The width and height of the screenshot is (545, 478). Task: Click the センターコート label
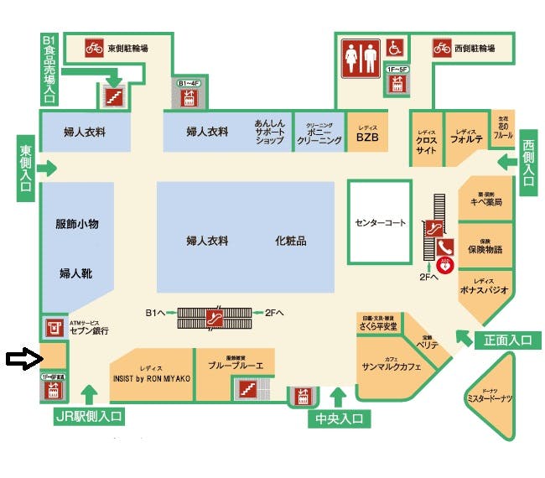pyautogui.click(x=380, y=223)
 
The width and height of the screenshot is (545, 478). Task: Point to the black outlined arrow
pyautogui.click(x=22, y=360)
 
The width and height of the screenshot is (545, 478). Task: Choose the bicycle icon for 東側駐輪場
pyautogui.click(x=94, y=48)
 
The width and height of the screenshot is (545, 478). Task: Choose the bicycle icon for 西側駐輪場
pyautogui.click(x=441, y=48)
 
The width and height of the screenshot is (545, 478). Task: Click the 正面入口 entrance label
pyautogui.click(x=507, y=340)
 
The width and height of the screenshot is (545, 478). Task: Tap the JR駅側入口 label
pyautogui.click(x=90, y=415)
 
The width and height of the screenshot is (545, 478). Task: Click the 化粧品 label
pyautogui.click(x=290, y=241)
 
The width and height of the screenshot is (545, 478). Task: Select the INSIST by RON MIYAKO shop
pyautogui.click(x=151, y=376)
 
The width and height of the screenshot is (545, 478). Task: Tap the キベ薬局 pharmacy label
pyautogui.click(x=485, y=202)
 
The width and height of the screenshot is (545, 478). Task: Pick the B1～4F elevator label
pyautogui.click(x=188, y=83)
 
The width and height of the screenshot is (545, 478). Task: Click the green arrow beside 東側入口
pyautogui.click(x=48, y=169)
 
